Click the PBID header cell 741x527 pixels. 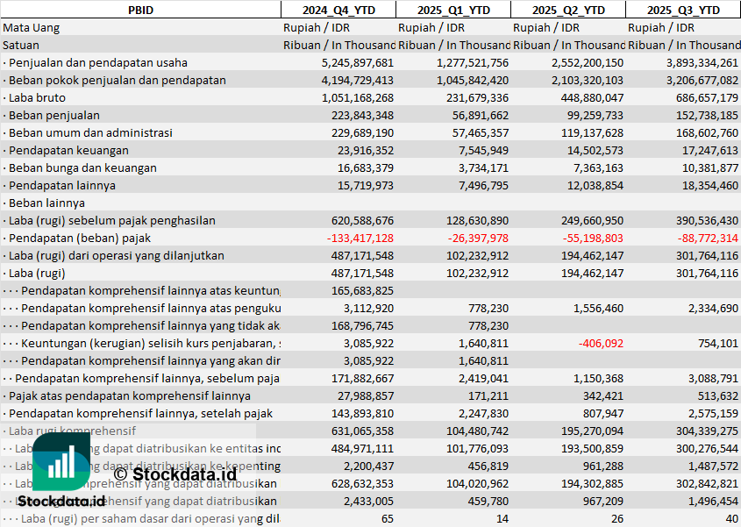point(139,10)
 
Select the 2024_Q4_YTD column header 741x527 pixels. point(338,10)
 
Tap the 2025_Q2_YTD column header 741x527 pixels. point(568,10)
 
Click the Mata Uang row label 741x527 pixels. point(32,27)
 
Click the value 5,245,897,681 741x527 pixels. point(358,62)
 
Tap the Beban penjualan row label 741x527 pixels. point(53,115)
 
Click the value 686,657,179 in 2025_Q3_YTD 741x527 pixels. point(702,97)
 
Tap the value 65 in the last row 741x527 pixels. point(387,518)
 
